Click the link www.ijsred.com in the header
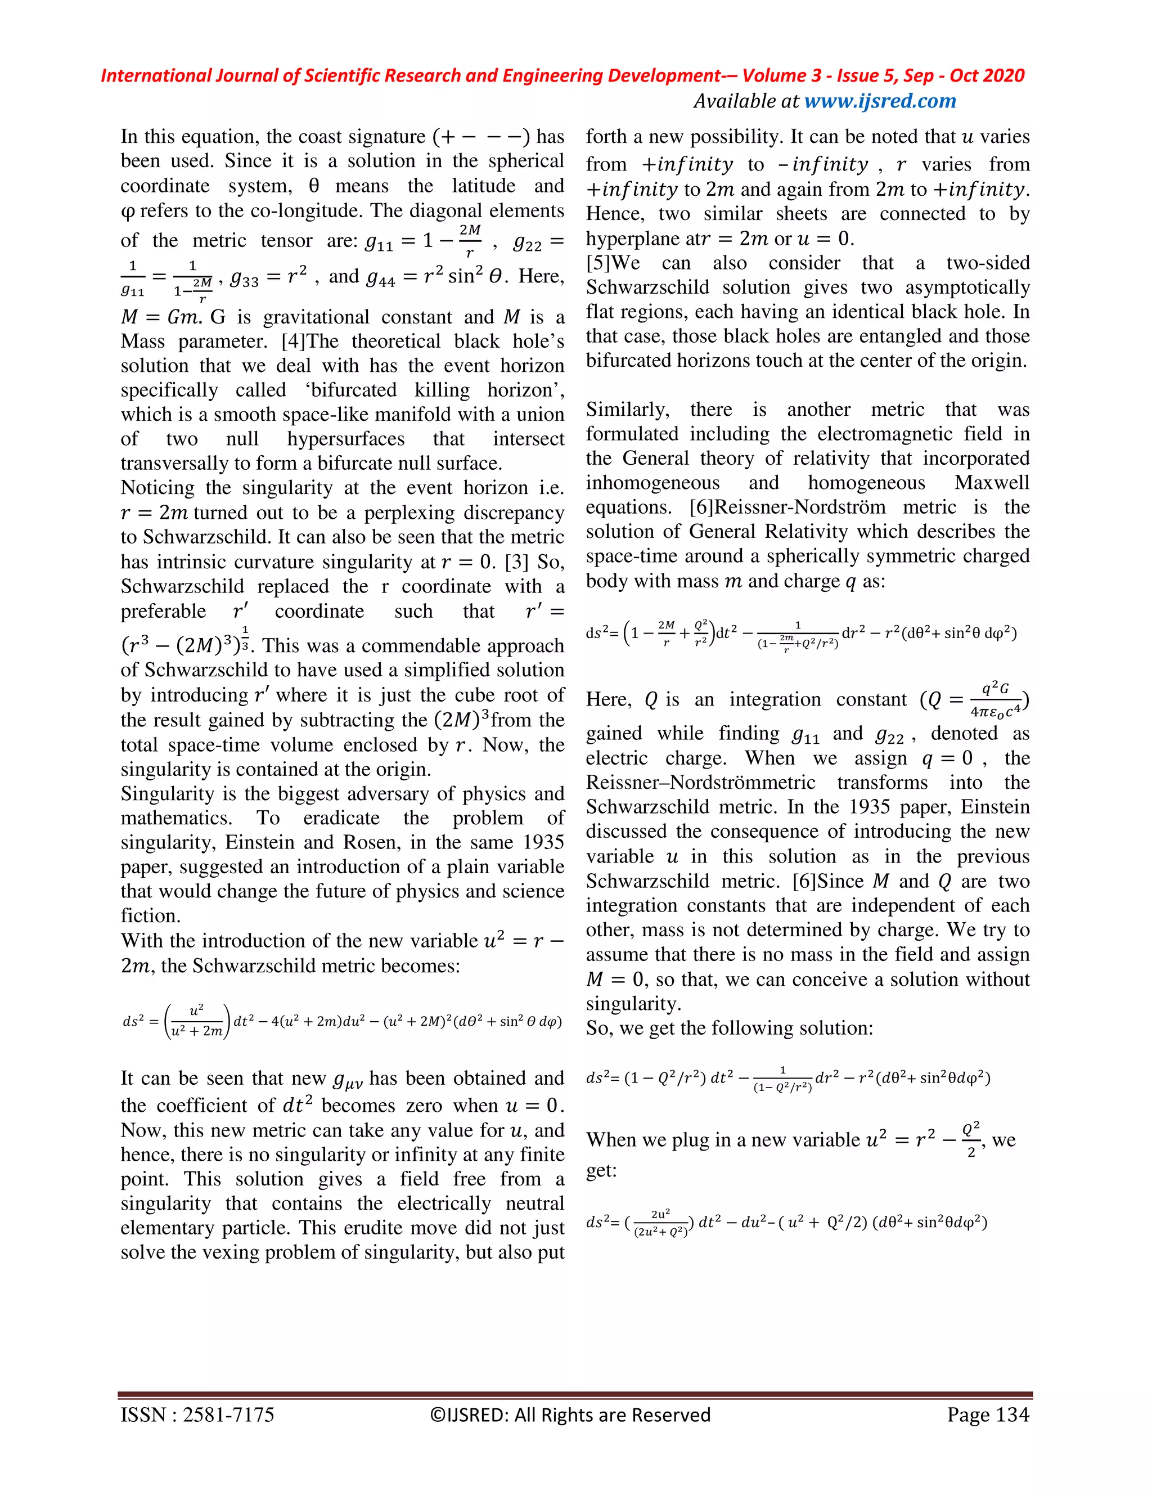[x=880, y=101]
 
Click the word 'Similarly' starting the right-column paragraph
[x=627, y=410]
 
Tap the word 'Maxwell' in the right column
[x=991, y=483]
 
